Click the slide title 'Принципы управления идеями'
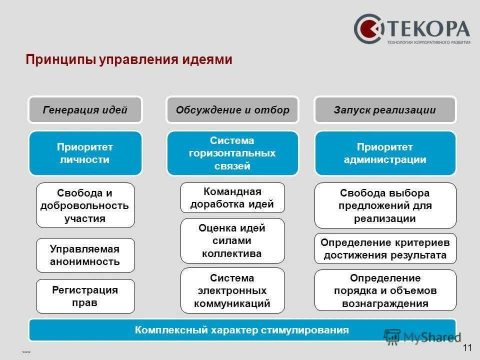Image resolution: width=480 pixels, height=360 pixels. [129, 59]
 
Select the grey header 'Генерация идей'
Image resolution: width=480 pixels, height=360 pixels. [85, 110]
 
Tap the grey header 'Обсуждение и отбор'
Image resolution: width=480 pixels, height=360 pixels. [232, 110]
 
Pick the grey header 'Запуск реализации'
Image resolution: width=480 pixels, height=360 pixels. [385, 110]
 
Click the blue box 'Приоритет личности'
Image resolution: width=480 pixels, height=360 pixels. [85, 153]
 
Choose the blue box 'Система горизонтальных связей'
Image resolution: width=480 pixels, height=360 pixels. [232, 153]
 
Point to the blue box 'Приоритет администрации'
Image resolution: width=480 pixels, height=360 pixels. [385, 153]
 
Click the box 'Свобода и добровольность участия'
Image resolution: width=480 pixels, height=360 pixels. [85, 205]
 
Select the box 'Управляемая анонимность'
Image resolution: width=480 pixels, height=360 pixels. [85, 255]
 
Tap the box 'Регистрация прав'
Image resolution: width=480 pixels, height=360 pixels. [85, 296]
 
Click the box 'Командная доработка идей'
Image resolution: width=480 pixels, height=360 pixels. [232, 197]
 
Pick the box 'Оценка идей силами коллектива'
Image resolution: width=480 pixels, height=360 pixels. [232, 240]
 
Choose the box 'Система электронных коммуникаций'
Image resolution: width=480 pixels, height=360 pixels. [232, 290]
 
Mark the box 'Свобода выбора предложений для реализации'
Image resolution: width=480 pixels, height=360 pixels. [385, 205]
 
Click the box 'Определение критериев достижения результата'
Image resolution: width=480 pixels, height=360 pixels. [385, 248]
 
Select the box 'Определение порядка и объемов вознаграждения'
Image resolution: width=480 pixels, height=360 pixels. [385, 290]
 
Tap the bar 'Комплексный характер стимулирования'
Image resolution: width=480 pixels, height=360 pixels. [242, 330]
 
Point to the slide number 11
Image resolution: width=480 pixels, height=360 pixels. [467, 348]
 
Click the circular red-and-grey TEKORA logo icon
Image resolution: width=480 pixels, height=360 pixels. [369, 29]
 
